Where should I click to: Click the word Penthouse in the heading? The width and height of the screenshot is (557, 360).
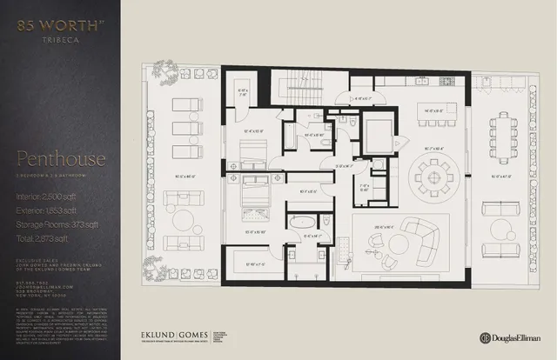point(60,160)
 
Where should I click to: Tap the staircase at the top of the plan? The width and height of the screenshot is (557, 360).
point(304,86)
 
